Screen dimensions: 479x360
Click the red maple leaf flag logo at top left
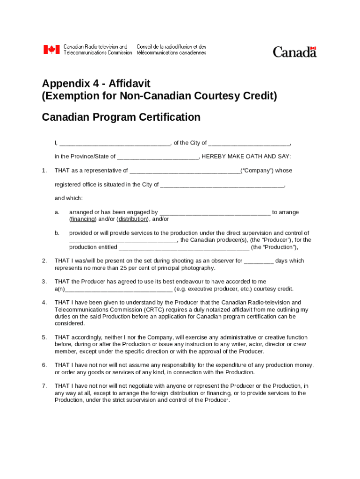tap(51, 50)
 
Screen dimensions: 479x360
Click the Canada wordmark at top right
tap(295, 51)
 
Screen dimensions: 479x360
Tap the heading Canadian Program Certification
tap(121, 117)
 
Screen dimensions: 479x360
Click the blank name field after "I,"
tap(115, 144)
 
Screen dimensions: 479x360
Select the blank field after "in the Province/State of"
tap(158, 157)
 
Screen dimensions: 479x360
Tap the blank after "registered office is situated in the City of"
tap(222, 185)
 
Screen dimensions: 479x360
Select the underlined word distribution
tap(133, 219)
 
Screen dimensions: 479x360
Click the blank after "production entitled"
tap(184, 248)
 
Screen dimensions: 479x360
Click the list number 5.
tap(44, 337)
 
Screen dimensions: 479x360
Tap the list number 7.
tap(44, 386)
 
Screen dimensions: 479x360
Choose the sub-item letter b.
tap(57, 233)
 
